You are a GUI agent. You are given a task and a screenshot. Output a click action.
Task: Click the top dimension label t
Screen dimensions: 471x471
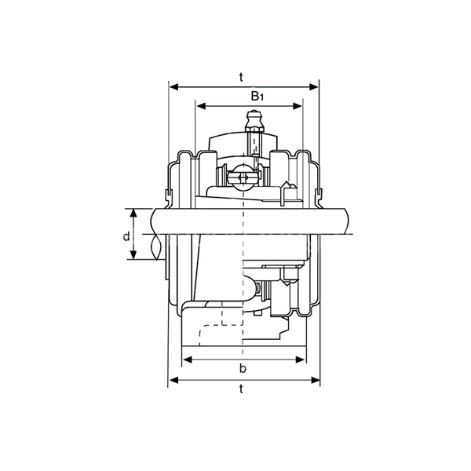[x=241, y=77]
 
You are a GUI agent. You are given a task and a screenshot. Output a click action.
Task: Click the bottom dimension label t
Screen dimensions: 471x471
[x=241, y=389]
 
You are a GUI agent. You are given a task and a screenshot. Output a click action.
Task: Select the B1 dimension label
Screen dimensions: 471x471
[x=257, y=96]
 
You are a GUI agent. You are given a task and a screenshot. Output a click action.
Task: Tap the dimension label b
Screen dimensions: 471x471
[x=243, y=368]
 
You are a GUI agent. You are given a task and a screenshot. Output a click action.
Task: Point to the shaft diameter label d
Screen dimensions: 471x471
[x=126, y=236]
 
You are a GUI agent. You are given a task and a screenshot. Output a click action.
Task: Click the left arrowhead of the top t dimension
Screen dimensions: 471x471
[x=174, y=87]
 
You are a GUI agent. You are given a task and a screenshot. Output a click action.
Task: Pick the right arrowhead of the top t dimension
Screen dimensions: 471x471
[x=313, y=87]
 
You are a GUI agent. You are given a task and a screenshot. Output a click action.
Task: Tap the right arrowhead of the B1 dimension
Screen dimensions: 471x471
[x=297, y=106]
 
